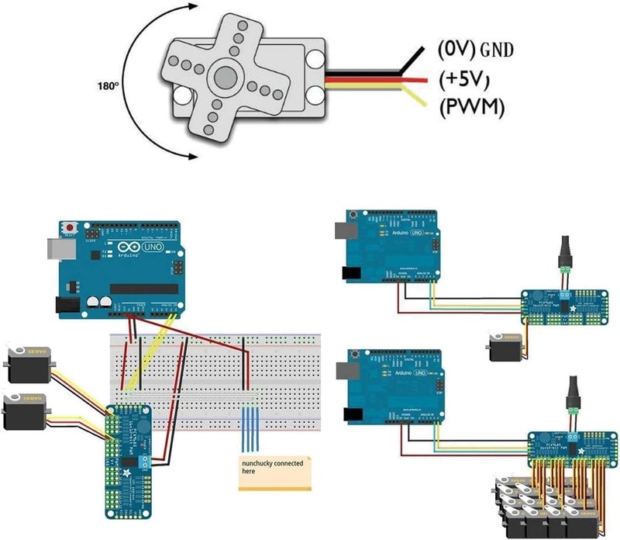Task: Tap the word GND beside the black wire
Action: [497, 52]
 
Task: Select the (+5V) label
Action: [466, 79]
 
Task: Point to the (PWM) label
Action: [471, 107]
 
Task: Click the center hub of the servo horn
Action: [226, 77]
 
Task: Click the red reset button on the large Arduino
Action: [71, 227]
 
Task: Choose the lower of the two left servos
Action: [26, 410]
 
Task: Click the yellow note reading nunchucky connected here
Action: [274, 472]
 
